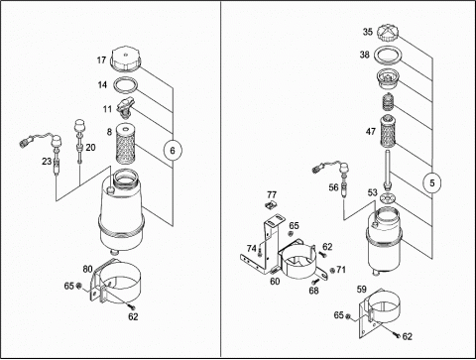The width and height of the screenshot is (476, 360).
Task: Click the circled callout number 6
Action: [x=173, y=151]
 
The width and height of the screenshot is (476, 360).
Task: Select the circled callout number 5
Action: [x=432, y=182]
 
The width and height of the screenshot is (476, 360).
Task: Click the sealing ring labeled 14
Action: [x=125, y=85]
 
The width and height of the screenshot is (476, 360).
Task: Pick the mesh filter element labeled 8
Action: [x=126, y=143]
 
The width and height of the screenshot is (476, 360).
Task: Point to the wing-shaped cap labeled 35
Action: [x=387, y=33]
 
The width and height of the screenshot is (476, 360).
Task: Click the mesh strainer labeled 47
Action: [x=388, y=130]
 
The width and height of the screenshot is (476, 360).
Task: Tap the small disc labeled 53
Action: [x=387, y=198]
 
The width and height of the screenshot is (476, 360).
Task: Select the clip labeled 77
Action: [x=272, y=205]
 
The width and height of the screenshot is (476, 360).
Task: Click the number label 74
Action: [x=252, y=248]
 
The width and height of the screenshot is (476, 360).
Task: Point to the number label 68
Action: [x=313, y=291]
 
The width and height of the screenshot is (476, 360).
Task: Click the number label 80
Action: [x=87, y=269]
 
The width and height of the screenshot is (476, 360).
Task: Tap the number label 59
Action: [x=362, y=290]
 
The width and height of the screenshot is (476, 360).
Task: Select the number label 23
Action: [x=47, y=161]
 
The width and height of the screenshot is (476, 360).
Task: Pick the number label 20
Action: [x=90, y=148]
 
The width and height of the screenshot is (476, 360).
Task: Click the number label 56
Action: [x=333, y=187]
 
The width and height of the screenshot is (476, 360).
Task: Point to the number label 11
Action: [x=107, y=109]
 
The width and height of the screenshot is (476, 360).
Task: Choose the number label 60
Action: [x=275, y=281]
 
